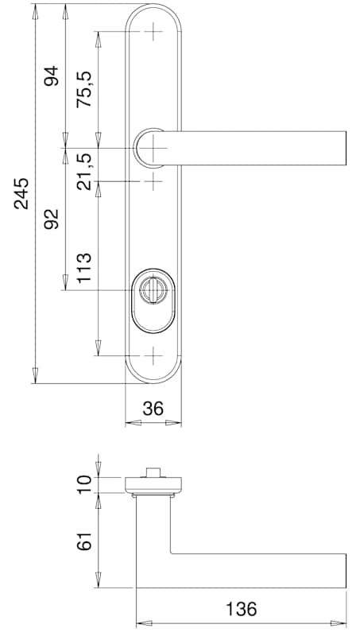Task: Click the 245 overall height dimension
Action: pyautogui.click(x=21, y=193)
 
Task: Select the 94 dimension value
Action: pyautogui.click(x=52, y=76)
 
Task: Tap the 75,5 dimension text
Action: pyautogui.click(x=84, y=89)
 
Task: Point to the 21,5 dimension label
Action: pyautogui.click(x=84, y=172)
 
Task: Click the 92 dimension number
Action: pyautogui.click(x=52, y=219)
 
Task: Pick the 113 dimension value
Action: pyautogui.click(x=84, y=268)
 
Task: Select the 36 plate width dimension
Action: pyautogui.click(x=153, y=409)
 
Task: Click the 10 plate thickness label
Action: pyautogui.click(x=84, y=485)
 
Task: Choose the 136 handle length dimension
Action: pyautogui.click(x=242, y=609)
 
